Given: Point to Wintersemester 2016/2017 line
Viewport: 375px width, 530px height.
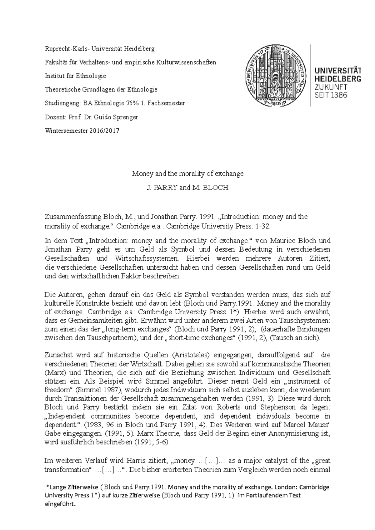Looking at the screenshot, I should (x=82, y=131).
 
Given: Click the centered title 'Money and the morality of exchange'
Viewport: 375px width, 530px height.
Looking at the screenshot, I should (x=187, y=174).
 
